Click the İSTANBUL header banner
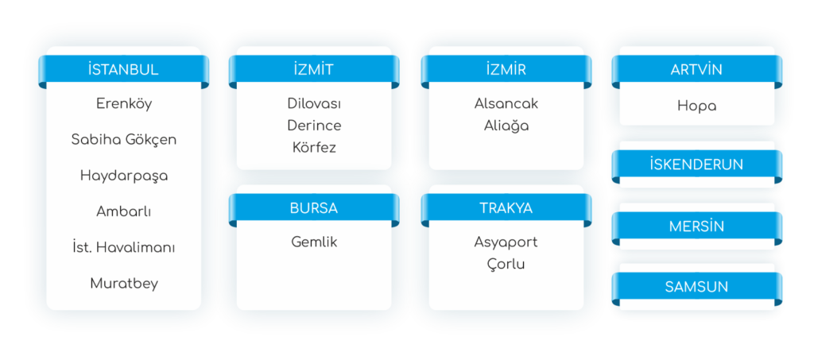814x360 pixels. click(x=124, y=69)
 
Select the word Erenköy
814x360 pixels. click(x=124, y=103)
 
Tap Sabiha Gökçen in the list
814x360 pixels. click(x=124, y=139)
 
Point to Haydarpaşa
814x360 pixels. click(x=124, y=175)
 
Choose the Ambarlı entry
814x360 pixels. click(x=124, y=211)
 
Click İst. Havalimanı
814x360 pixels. click(x=124, y=247)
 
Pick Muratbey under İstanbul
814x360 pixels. click(x=124, y=283)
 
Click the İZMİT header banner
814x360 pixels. click(x=313, y=69)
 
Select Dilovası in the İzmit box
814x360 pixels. click(x=314, y=103)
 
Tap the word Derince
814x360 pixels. click(x=314, y=126)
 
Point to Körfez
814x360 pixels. click(x=314, y=147)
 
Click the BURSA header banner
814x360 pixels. click(x=313, y=208)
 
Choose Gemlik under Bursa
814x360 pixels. click(x=314, y=242)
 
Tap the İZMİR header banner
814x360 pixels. click(x=506, y=69)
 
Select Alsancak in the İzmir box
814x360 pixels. click(x=506, y=103)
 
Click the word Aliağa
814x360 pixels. click(x=506, y=126)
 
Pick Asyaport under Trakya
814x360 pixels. click(x=506, y=242)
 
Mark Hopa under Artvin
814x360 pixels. click(x=696, y=105)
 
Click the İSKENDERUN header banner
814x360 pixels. click(x=696, y=165)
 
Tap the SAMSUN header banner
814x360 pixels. click(x=696, y=287)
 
